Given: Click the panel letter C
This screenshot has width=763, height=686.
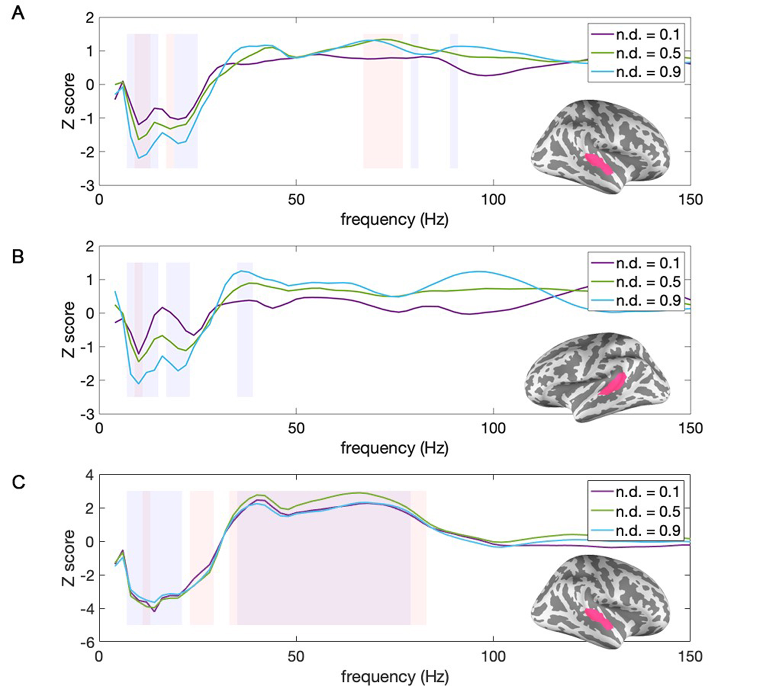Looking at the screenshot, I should (x=18, y=482).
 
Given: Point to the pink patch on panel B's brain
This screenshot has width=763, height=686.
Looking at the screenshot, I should (x=613, y=385).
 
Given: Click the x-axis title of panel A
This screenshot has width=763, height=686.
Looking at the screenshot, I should (x=394, y=220).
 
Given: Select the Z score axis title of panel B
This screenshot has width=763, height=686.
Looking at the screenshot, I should (x=69, y=330).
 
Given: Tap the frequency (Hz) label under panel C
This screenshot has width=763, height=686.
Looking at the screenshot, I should (x=395, y=677).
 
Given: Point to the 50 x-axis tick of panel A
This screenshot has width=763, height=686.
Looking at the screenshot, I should (x=296, y=200).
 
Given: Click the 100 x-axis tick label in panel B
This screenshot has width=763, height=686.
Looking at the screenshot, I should (x=493, y=428).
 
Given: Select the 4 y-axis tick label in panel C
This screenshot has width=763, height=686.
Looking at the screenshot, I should (x=90, y=475).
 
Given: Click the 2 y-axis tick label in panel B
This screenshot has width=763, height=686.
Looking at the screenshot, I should (x=90, y=247).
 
